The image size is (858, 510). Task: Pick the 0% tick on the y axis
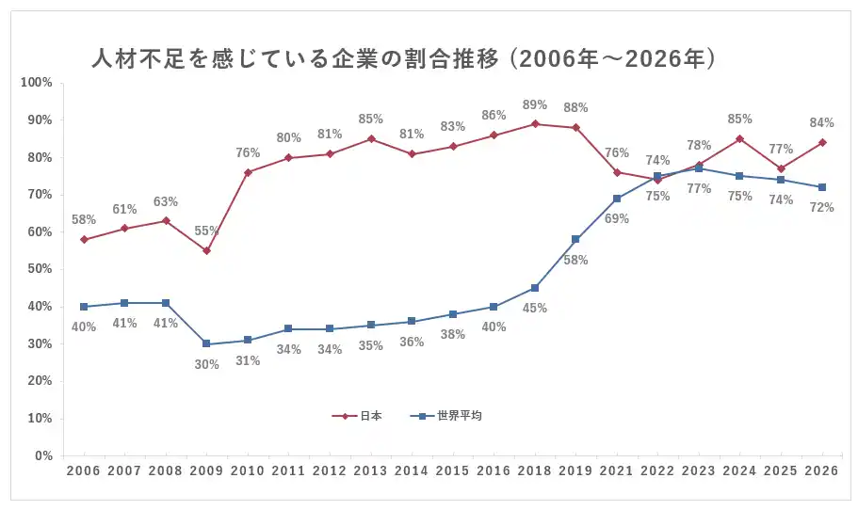pyautogui.click(x=42, y=456)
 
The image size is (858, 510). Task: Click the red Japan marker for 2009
pyautogui.click(x=207, y=251)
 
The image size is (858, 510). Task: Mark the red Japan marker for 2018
pyautogui.click(x=535, y=123)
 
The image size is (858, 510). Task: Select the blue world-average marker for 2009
pyautogui.click(x=207, y=344)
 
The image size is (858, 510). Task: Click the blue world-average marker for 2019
pyautogui.click(x=575, y=239)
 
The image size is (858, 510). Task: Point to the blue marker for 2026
pyautogui.click(x=822, y=187)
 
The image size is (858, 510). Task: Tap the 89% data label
pyautogui.click(x=535, y=105)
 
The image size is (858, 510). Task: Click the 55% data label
pyautogui.click(x=207, y=231)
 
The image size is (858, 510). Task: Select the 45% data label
pyautogui.click(x=535, y=308)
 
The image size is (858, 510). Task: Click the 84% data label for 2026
pyautogui.click(x=822, y=123)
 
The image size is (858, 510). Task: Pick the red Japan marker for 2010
pyautogui.click(x=248, y=172)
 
